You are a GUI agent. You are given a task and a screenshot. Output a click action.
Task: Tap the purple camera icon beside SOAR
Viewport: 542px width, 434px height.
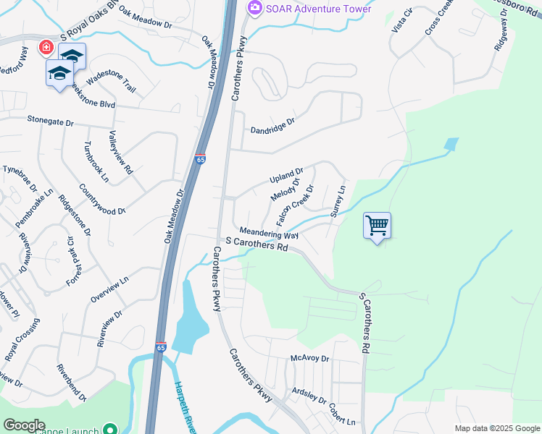(x=254, y=8)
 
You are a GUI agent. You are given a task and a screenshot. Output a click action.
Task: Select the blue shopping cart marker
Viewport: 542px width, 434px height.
(x=377, y=226)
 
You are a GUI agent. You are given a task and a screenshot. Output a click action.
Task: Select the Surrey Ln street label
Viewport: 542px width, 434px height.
(x=338, y=201)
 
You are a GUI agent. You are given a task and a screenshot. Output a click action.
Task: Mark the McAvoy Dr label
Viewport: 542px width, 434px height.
(x=309, y=358)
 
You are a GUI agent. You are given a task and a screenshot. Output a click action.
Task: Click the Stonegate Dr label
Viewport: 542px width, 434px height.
(x=51, y=120)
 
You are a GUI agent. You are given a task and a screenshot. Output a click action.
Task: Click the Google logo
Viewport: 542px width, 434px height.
(x=24, y=425)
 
